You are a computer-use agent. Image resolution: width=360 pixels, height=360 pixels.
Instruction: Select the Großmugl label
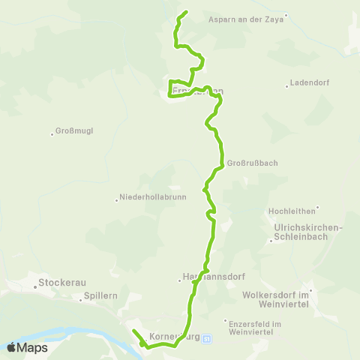tap(75, 133)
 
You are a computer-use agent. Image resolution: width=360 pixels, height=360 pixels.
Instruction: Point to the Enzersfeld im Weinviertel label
tap(255, 328)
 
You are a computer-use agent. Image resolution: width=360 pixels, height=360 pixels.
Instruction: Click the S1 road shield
tap(208, 338)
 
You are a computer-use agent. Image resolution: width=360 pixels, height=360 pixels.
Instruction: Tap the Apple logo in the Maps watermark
tap(11, 347)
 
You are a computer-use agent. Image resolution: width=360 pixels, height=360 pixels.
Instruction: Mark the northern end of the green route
tap(185, 12)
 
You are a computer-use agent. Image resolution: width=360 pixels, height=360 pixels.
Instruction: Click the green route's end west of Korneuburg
tap(133, 331)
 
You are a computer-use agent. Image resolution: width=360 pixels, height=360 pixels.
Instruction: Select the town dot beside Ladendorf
tap(286, 85)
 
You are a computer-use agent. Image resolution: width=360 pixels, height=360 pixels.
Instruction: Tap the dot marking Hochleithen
tap(317, 208)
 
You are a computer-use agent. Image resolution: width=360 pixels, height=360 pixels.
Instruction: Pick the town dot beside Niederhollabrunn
tap(116, 199)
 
